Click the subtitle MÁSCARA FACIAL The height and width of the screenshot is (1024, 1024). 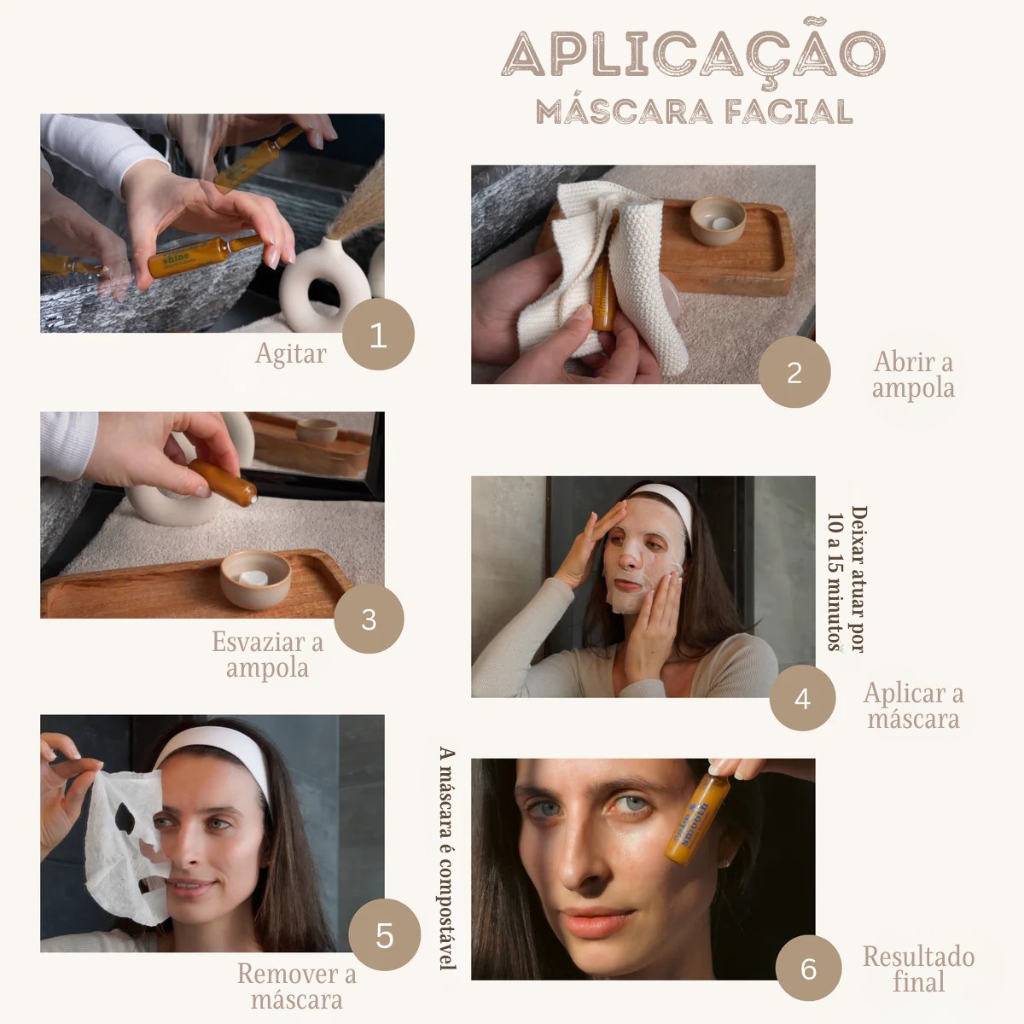[694, 112]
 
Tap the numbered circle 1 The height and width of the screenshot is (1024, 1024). [378, 335]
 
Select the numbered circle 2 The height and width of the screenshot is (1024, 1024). [794, 372]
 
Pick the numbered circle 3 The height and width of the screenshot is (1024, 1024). [369, 619]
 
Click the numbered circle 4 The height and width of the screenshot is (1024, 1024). [802, 698]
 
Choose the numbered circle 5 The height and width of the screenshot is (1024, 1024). [385, 934]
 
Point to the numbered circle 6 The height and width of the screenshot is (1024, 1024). [808, 968]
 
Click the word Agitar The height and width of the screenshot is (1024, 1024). [290, 353]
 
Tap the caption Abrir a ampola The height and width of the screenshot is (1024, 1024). [913, 375]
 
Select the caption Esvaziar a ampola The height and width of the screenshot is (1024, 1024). [267, 655]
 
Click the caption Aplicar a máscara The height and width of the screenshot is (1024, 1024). [913, 706]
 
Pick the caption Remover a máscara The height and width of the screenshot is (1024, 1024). [296, 986]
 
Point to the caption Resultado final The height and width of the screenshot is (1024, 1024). [918, 969]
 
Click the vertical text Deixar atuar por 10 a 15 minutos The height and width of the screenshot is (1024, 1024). [847, 579]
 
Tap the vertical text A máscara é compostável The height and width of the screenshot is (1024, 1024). [447, 858]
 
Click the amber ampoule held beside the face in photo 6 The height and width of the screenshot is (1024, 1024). [697, 819]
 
